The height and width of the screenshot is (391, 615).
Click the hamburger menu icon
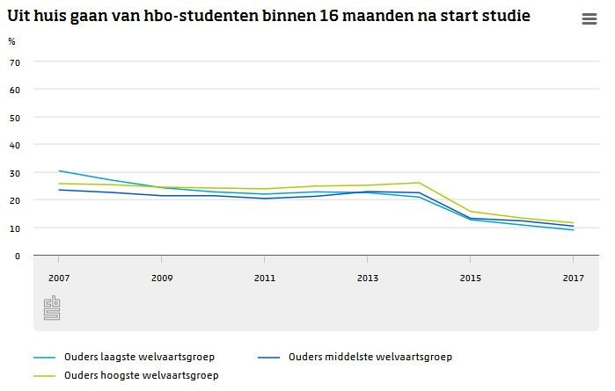[x=589, y=20]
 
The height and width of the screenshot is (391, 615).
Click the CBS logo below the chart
[x=51, y=308]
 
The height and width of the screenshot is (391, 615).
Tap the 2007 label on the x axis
[x=58, y=279]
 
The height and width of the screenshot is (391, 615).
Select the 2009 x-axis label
[x=161, y=279]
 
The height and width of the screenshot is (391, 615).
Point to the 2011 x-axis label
[x=264, y=279]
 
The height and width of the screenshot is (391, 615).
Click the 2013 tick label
[x=367, y=279]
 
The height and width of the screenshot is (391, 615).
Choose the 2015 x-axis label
[x=470, y=279]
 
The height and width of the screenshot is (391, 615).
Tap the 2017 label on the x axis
[x=573, y=279]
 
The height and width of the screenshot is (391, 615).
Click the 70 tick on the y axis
[x=15, y=62]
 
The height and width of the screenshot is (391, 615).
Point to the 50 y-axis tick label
[x=15, y=117]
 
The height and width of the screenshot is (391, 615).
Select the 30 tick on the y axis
[x=15, y=172]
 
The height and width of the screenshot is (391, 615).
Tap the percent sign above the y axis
[x=11, y=41]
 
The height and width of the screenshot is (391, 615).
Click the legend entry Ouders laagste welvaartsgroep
[x=139, y=357]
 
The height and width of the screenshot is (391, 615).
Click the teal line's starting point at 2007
[x=59, y=171]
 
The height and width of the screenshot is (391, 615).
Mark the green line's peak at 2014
[x=419, y=183]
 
